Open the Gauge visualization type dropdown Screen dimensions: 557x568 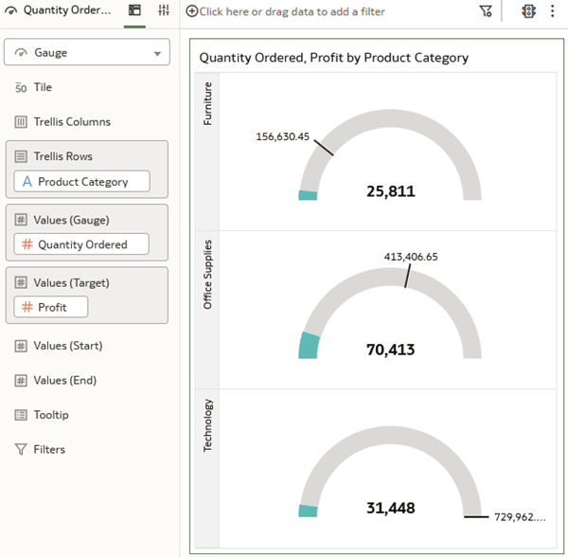click(87, 52)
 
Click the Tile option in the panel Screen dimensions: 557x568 click(43, 87)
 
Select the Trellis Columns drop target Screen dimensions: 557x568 click(72, 122)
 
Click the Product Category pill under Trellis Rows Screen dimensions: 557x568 click(82, 181)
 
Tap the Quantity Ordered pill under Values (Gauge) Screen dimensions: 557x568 click(82, 244)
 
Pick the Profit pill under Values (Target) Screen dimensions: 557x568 click(51, 307)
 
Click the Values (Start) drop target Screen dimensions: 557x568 click(67, 346)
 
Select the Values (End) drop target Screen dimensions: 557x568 click(63, 381)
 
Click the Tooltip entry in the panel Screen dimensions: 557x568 click(50, 415)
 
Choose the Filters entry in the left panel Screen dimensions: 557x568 click(48, 450)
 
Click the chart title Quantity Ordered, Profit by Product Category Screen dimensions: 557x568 click(333, 58)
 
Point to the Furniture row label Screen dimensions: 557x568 click(208, 103)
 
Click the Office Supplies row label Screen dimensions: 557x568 click(208, 274)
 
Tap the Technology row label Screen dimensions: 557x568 click(208, 424)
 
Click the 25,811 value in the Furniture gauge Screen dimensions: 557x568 click(390, 191)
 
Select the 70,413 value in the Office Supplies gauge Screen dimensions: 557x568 click(390, 350)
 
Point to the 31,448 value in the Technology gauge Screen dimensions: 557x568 click(390, 509)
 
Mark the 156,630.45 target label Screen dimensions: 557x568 click(282, 136)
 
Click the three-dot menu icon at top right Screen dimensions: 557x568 click(553, 11)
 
